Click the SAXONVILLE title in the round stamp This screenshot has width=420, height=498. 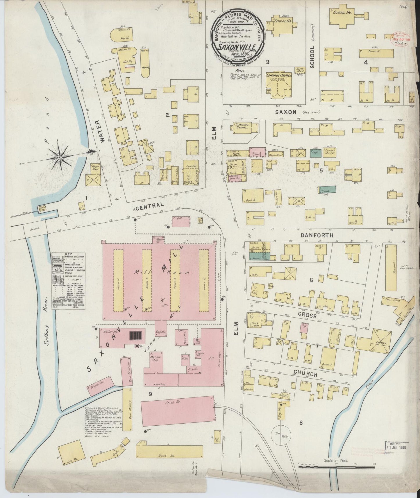[237, 47]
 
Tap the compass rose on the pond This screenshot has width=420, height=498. [60, 157]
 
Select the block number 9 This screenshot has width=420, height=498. [150, 394]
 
